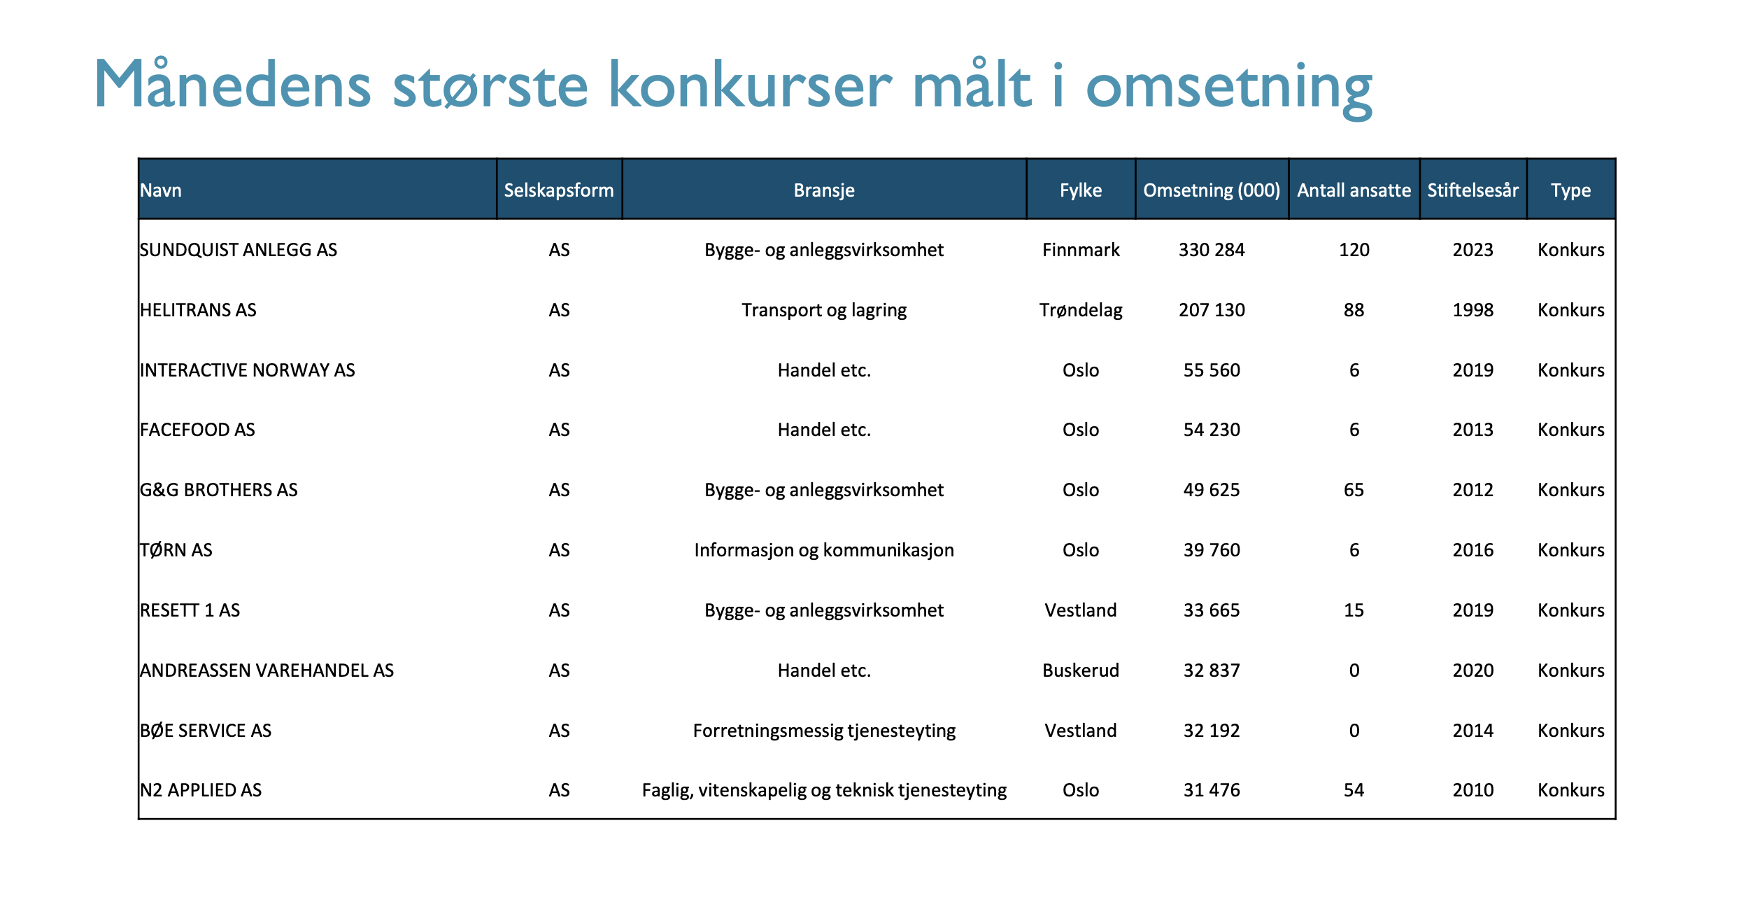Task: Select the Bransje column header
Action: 824,190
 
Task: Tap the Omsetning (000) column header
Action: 1212,190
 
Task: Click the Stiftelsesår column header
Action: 1472,190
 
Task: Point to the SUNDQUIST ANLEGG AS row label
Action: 239,250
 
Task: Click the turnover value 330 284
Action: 1212,250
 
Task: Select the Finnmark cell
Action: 1081,250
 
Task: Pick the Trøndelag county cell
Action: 1081,310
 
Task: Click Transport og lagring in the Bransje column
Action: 824,310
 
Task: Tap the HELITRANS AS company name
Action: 198,310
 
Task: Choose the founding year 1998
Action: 1472,310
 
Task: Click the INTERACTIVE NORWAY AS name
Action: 248,370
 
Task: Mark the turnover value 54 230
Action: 1212,430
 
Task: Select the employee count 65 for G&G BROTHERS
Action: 1354,490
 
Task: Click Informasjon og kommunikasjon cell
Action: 824,550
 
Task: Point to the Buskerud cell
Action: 1081,670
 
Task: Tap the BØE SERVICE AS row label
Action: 206,731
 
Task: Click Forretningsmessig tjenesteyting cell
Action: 824,731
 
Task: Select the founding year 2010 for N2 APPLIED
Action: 1472,790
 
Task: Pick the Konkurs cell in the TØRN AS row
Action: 1570,550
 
